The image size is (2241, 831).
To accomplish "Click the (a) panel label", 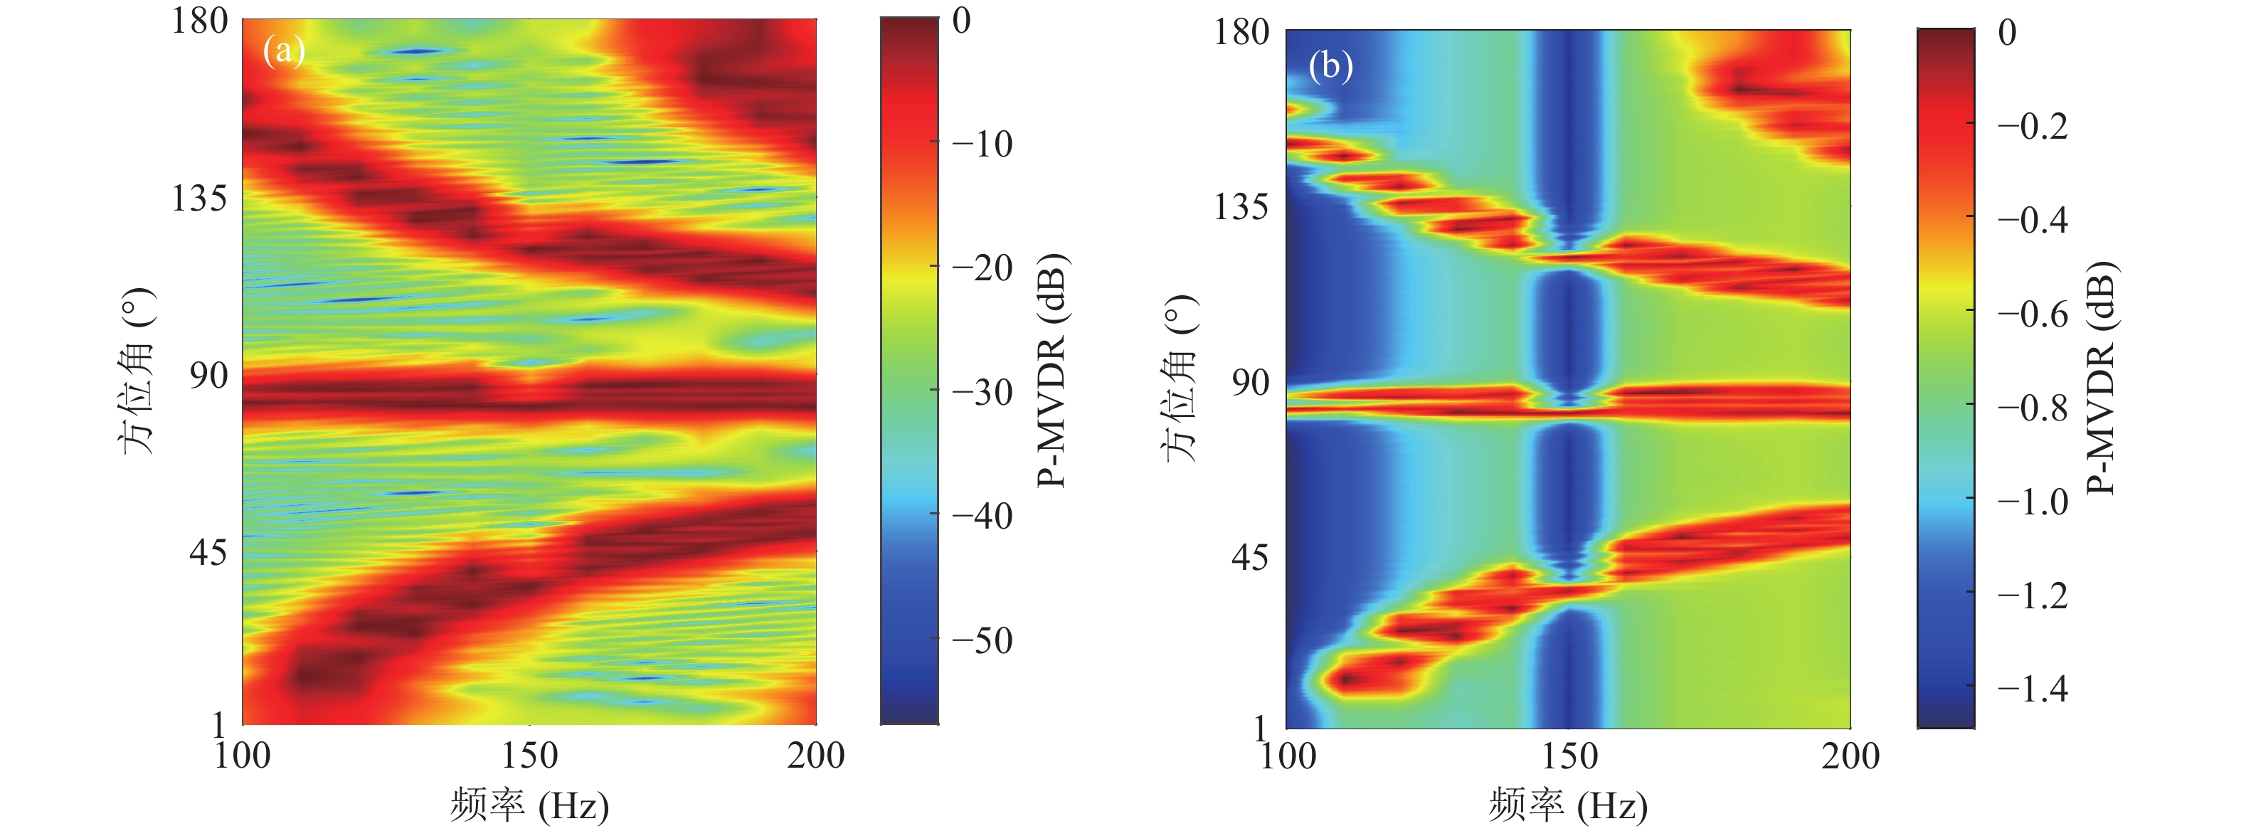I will tap(284, 51).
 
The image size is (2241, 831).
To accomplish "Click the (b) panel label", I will tap(1330, 65).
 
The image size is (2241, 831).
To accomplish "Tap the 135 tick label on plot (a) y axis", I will tap(199, 199).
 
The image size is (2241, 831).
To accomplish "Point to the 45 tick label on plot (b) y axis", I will tap(1249, 557).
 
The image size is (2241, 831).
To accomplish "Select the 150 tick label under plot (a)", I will tap(529, 756).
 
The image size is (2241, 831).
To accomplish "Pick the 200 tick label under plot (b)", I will tap(1850, 756).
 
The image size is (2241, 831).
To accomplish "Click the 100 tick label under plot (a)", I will tap(243, 756).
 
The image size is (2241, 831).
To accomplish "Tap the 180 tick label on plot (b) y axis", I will tap(1242, 33).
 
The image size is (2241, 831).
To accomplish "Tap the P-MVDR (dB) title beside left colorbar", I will tap(1053, 371).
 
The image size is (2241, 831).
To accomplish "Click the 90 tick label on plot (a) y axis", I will tap(208, 376).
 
